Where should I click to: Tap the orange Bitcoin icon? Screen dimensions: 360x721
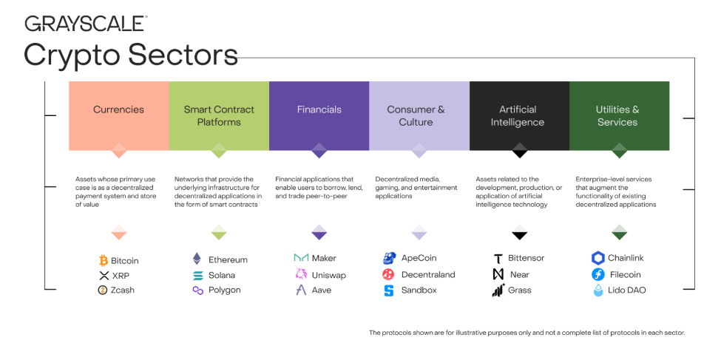104,260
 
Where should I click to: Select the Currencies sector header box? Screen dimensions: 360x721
118,115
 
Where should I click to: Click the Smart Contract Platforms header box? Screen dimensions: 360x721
219,115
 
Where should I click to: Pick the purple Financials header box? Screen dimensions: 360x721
319,115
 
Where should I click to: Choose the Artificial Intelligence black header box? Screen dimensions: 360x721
519,115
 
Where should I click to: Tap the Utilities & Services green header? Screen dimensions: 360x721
619,115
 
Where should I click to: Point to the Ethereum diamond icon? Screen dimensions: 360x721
197,259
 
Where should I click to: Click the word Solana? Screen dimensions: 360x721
223,275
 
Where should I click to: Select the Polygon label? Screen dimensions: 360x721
224,291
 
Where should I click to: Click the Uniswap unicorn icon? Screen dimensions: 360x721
301,275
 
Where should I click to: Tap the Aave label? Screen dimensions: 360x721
322,291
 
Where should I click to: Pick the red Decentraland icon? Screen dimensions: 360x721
389,275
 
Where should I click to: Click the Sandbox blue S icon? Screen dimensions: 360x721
389,291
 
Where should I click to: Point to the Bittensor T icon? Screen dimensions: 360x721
498,259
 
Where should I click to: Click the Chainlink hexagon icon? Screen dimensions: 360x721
598,258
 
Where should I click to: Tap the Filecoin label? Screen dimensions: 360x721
625,275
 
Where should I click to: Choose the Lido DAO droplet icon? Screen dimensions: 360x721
598,291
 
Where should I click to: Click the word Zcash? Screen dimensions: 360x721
123,291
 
